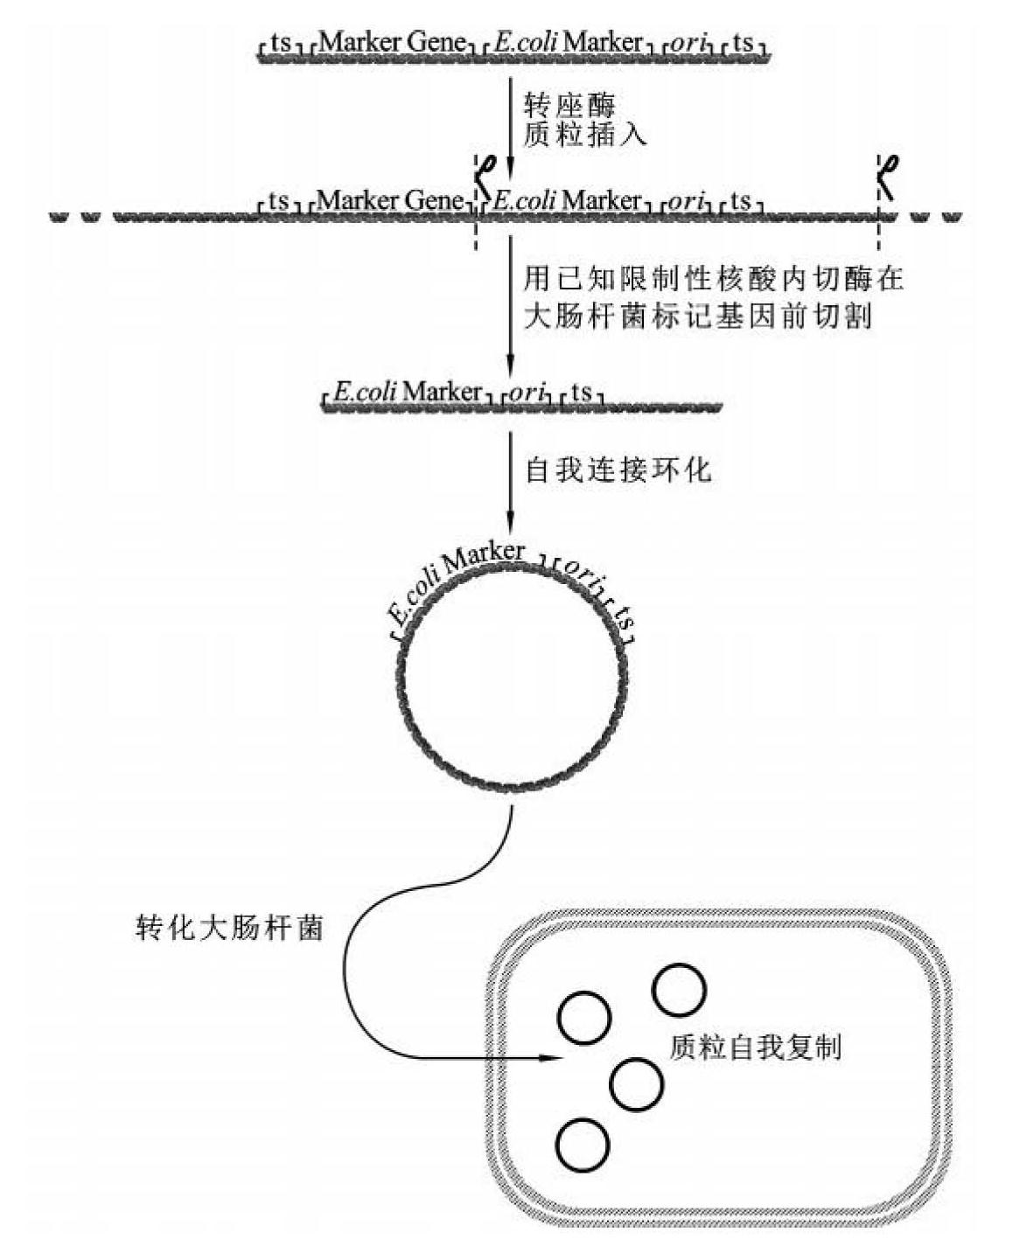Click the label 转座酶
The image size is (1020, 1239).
[569, 106]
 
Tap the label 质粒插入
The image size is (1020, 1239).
[584, 136]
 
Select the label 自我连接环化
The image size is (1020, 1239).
[618, 470]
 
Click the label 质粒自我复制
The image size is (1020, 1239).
[755, 1047]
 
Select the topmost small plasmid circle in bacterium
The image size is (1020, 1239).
[680, 990]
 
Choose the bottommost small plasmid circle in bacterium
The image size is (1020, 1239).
[583, 1145]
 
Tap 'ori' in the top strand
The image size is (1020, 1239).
[691, 42]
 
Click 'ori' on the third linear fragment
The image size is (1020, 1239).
[527, 392]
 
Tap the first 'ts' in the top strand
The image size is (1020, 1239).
[280, 42]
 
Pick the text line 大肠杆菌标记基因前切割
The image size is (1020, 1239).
[698, 315]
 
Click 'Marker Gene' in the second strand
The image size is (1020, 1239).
[390, 200]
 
